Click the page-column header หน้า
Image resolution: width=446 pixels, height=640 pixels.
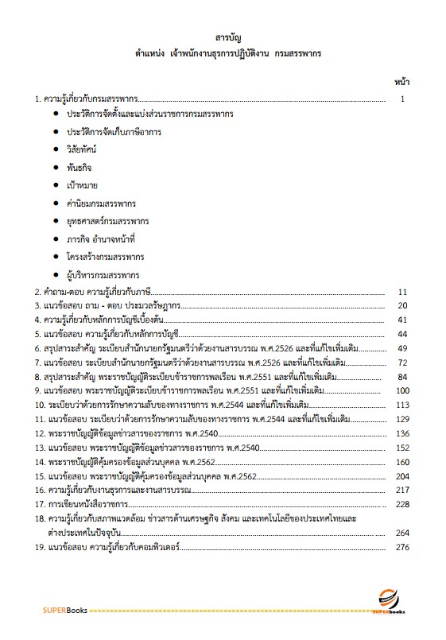tap(402, 81)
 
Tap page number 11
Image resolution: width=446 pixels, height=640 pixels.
tap(402, 292)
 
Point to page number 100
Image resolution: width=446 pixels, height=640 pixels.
tap(401, 391)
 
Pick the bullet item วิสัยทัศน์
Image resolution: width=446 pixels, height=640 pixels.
tap(87, 149)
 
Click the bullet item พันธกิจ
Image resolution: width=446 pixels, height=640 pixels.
tap(83, 167)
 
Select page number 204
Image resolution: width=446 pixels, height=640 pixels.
tap(401, 475)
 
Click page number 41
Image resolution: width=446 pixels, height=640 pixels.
tap(402, 320)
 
